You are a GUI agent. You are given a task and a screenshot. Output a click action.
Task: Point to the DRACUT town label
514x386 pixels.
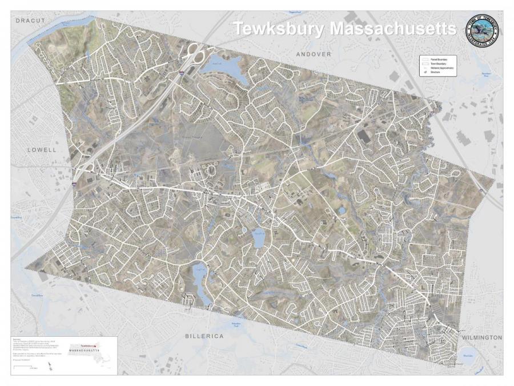(x=30, y=21)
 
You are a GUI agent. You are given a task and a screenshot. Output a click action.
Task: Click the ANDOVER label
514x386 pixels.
(x=314, y=54)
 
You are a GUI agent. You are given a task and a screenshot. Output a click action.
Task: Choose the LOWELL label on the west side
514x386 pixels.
(x=42, y=150)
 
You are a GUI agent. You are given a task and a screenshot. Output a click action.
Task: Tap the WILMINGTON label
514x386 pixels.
(x=482, y=337)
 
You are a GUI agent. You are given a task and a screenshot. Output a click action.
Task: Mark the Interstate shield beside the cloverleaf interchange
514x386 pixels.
(x=181, y=73)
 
